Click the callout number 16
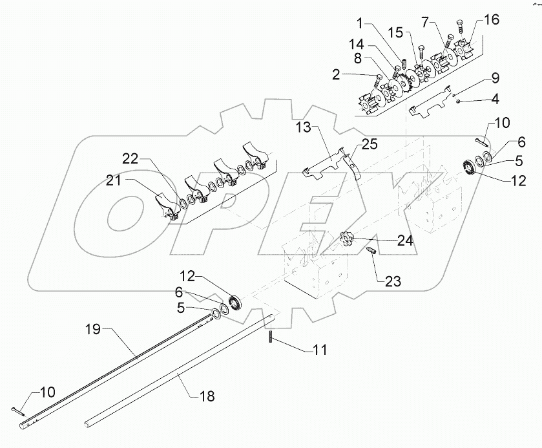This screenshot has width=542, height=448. (x=492, y=21)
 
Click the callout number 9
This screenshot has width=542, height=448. (x=495, y=79)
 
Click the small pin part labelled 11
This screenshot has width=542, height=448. (x=272, y=337)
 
